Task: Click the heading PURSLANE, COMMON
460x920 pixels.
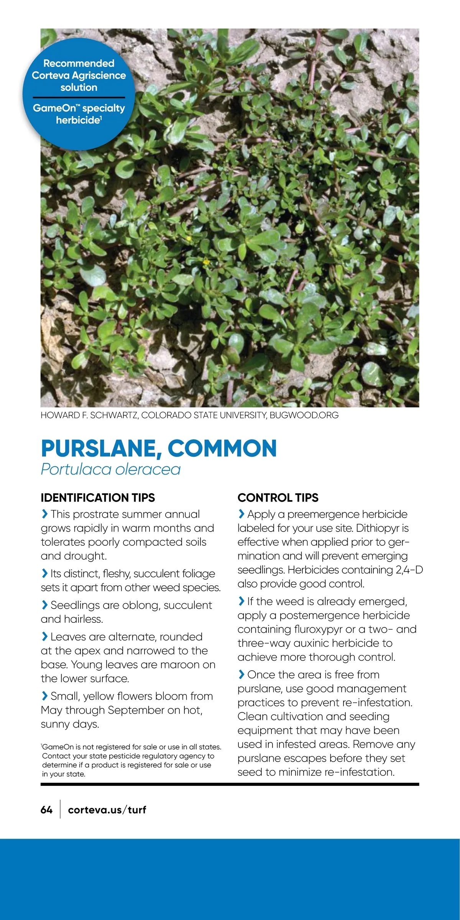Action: pyautogui.click(x=159, y=448)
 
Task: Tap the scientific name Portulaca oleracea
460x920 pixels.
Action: pyautogui.click(x=110, y=469)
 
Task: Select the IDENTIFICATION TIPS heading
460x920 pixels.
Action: pyautogui.click(x=98, y=498)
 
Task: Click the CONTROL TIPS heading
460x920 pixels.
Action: pyautogui.click(x=278, y=498)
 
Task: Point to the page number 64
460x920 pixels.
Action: pyautogui.click(x=46, y=810)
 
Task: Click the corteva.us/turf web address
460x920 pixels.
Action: pyautogui.click(x=107, y=810)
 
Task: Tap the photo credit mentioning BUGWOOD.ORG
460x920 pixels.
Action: pyautogui.click(x=189, y=415)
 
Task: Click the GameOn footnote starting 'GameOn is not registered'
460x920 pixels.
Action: pyautogui.click(x=131, y=760)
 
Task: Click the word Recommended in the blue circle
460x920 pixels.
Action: pyautogui.click(x=79, y=63)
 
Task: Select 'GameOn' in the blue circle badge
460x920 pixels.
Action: pyautogui.click(x=54, y=108)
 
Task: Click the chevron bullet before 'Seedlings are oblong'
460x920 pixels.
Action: pyautogui.click(x=44, y=605)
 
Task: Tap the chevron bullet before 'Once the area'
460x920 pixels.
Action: pyautogui.click(x=241, y=675)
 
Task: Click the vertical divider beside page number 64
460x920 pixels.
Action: pyautogui.click(x=60, y=810)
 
